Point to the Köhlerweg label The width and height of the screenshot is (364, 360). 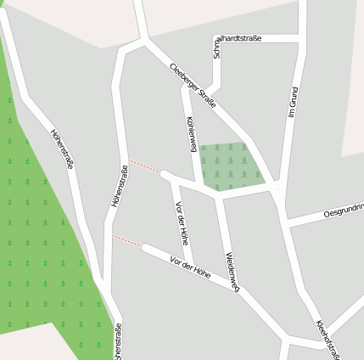tap(191, 134)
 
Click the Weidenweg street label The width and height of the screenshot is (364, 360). tap(232, 272)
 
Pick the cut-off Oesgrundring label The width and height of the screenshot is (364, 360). tap(343, 211)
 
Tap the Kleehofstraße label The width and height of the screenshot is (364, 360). tap(328, 339)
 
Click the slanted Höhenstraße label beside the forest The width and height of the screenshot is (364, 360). tap(63, 148)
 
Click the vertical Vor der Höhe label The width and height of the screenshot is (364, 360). tap(180, 222)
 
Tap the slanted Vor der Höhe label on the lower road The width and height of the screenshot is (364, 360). tap(189, 267)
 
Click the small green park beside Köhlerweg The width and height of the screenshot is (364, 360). tap(229, 166)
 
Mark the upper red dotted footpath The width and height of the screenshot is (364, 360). tap(144, 166)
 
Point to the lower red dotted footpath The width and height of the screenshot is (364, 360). tap(127, 241)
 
